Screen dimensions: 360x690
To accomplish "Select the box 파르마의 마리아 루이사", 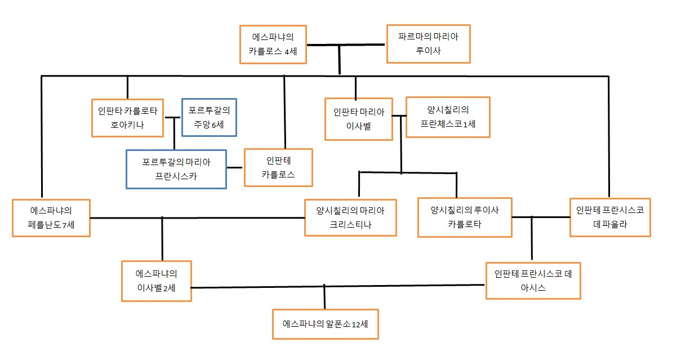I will click(x=428, y=43).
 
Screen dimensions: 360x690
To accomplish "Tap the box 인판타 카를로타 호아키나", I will click(x=128, y=118).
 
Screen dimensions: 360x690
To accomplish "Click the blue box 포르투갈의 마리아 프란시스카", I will click(x=176, y=169).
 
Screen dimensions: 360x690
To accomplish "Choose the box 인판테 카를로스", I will click(x=278, y=167).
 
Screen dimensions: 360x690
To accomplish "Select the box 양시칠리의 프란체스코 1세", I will click(x=448, y=117).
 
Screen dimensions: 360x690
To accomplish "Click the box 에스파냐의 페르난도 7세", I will click(x=51, y=217).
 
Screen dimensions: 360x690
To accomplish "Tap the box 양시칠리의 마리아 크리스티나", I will click(x=350, y=217).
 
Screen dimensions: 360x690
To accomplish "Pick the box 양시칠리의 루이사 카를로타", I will click(x=465, y=217).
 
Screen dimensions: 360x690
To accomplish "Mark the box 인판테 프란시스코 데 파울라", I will click(x=610, y=217).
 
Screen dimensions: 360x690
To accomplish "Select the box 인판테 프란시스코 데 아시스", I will click(x=533, y=281).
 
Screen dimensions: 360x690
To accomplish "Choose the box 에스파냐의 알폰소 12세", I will click(x=326, y=324).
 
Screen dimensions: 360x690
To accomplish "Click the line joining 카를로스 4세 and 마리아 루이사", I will click(x=360, y=45).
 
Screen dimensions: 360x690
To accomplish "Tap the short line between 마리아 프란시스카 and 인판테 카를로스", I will click(x=235, y=167).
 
